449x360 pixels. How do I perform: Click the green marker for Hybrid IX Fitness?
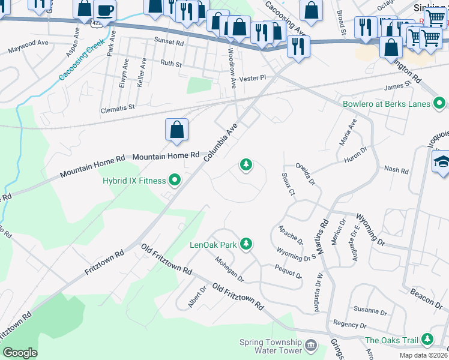click(175, 179)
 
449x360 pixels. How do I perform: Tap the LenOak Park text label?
click(213, 245)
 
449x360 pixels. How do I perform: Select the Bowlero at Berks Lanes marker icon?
click(439, 104)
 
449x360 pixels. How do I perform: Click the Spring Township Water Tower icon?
click(311, 345)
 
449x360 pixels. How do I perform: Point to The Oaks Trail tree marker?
click(427, 340)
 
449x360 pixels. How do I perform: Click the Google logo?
click(20, 353)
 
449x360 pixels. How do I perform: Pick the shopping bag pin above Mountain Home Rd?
click(176, 130)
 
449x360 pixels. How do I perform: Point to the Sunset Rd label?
click(169, 43)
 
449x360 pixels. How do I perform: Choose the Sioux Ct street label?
click(288, 184)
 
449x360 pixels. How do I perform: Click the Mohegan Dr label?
click(229, 269)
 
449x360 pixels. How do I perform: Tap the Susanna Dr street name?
click(370, 311)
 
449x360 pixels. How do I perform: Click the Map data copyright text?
click(423, 355)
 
